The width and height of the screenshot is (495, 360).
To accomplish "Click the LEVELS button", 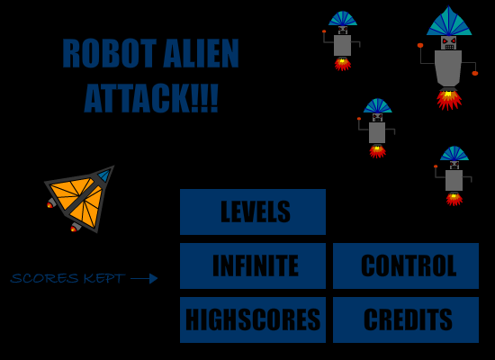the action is pos(253,211).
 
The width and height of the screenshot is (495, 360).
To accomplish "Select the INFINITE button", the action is pos(253,265).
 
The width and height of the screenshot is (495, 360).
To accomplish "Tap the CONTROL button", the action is pos(406,265).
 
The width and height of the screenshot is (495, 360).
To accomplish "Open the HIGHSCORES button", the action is pos(253,319).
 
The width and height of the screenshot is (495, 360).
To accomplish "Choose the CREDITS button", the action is pos(406,319).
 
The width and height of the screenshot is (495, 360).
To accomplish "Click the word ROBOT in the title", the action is pos(109,53).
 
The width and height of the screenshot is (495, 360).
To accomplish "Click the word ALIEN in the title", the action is pos(201,53).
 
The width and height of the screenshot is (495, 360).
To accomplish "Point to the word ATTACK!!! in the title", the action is pos(151,98).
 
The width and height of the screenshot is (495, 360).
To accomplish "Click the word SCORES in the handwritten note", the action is pos(44,278).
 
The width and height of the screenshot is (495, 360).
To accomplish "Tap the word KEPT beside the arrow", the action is pos(104,278).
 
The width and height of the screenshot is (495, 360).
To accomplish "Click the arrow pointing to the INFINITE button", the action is pos(144,278).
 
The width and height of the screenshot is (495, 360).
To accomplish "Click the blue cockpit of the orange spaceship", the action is pos(104,175).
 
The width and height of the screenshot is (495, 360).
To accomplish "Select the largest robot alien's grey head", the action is pos(448,42).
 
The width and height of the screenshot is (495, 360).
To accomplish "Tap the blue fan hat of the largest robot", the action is pos(449,22).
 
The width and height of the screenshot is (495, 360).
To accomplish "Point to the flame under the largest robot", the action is pos(448,99).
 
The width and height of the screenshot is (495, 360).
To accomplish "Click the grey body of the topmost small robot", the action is pos(343,46).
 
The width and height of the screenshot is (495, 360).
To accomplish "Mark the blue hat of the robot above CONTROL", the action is pos(454,154).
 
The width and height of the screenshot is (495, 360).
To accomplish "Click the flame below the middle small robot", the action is pos(378,151).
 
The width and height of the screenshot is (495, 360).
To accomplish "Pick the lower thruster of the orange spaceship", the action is pos(76,227).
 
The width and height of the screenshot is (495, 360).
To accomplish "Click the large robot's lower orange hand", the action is pos(475,73).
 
